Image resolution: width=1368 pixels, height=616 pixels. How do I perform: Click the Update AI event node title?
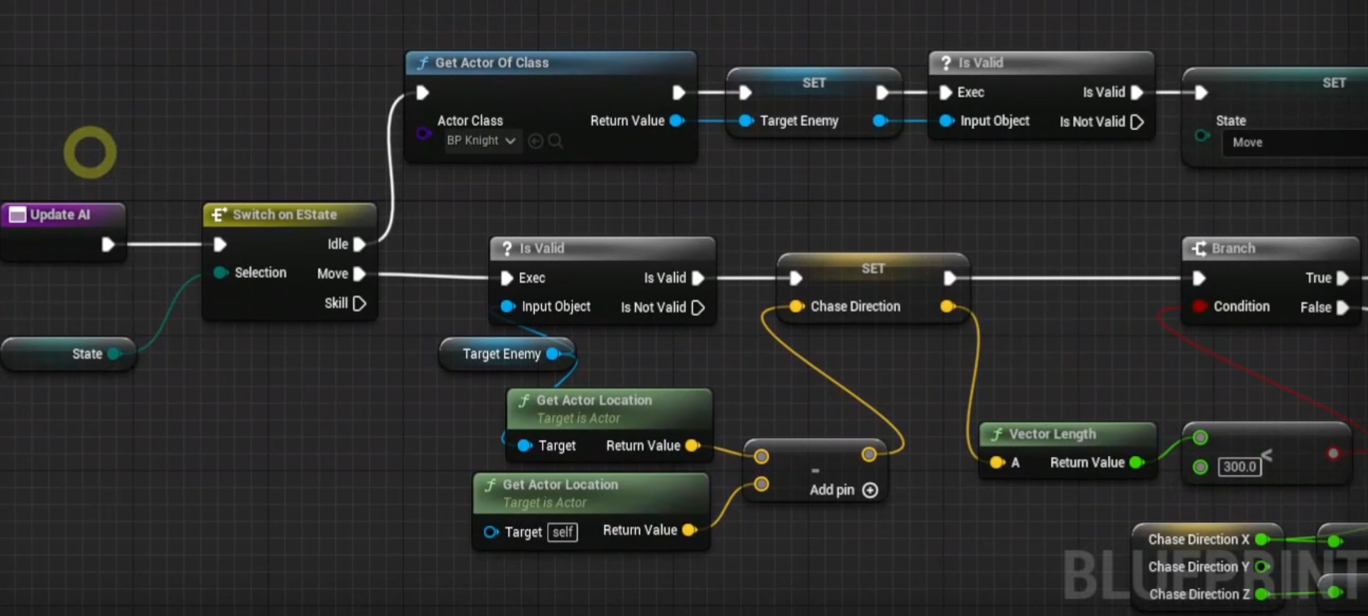click(60, 215)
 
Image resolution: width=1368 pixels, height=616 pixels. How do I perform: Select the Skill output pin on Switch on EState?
click(359, 303)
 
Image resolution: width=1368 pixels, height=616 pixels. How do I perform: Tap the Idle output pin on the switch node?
click(359, 245)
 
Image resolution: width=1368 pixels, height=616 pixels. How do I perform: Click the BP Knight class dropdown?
click(480, 141)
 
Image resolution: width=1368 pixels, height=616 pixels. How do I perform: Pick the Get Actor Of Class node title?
click(491, 63)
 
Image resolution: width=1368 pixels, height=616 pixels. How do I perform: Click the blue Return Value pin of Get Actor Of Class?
click(676, 121)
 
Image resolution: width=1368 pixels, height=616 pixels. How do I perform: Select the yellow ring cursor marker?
click(90, 152)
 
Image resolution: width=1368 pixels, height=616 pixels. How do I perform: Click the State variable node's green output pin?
click(114, 354)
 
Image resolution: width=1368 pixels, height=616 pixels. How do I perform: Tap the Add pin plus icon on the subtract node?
click(870, 490)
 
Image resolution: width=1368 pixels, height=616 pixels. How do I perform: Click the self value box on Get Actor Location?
click(562, 532)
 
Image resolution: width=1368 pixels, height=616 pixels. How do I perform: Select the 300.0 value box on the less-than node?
click(1240, 466)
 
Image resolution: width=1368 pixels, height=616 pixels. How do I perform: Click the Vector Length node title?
click(1052, 434)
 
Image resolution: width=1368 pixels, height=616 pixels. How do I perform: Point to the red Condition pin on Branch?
click(1200, 306)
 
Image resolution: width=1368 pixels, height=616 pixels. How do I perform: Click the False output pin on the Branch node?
click(1343, 307)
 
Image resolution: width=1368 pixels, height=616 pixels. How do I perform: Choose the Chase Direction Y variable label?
click(1198, 567)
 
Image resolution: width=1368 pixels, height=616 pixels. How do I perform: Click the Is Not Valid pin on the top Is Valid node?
click(1137, 122)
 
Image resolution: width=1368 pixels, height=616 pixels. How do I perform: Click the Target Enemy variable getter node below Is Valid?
click(501, 354)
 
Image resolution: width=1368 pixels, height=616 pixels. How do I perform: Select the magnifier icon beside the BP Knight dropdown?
click(556, 141)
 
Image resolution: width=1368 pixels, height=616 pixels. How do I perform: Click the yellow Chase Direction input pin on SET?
click(796, 306)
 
